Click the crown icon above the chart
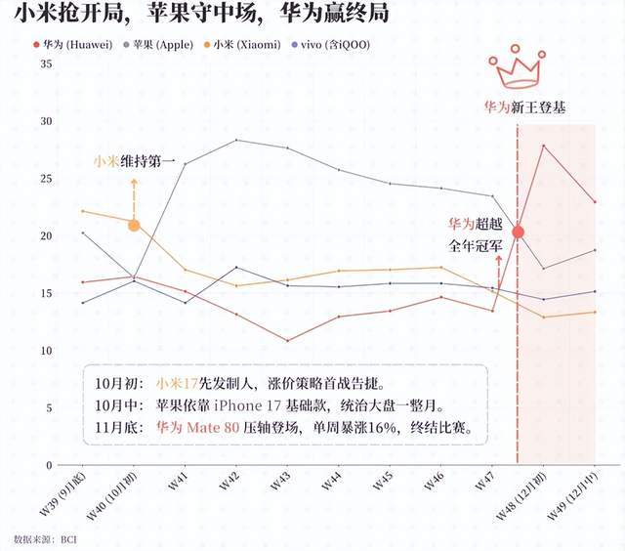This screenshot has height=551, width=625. [518, 70]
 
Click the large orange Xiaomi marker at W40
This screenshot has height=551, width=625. [134, 225]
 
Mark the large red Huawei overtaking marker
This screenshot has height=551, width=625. [518, 232]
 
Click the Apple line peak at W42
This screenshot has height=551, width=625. [236, 140]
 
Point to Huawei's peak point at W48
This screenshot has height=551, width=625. [544, 146]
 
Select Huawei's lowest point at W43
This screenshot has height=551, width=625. [287, 341]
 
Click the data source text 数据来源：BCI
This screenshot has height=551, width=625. [45, 538]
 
